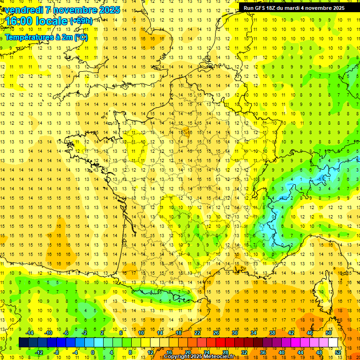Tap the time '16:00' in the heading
pyautogui.click(x=19, y=22)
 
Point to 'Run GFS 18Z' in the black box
pyautogui.click(x=261, y=8)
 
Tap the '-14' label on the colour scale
pyautogui.click(x=30, y=333)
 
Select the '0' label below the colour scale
pyautogui.click(x=93, y=352)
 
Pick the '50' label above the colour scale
pyautogui.click(x=329, y=333)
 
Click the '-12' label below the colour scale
pyautogui.click(x=39, y=352)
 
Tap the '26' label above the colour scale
pyautogui.click(x=216, y=333)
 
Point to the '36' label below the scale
pyautogui.click(x=263, y=352)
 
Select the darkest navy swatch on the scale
pyautogui.click(x=23, y=343)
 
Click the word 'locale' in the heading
pyautogui.click(x=52, y=22)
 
